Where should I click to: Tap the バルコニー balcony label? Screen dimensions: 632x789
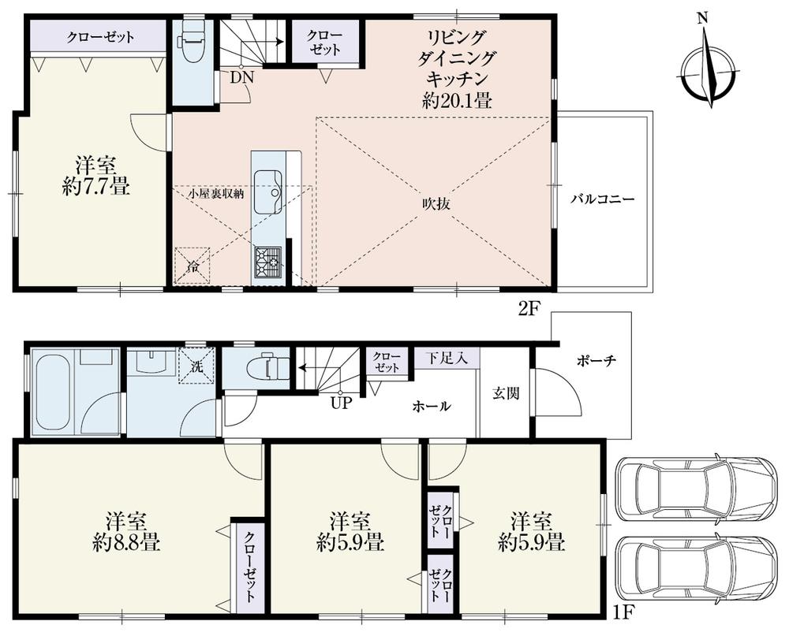coord(604,199)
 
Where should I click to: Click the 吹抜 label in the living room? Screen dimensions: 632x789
coord(435,203)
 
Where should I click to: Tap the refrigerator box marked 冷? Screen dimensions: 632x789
coord(193,266)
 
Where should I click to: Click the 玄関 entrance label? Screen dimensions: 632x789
coord(507,393)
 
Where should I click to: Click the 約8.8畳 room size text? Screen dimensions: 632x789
coord(125,543)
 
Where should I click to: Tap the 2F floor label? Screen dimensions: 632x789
coord(528,309)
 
